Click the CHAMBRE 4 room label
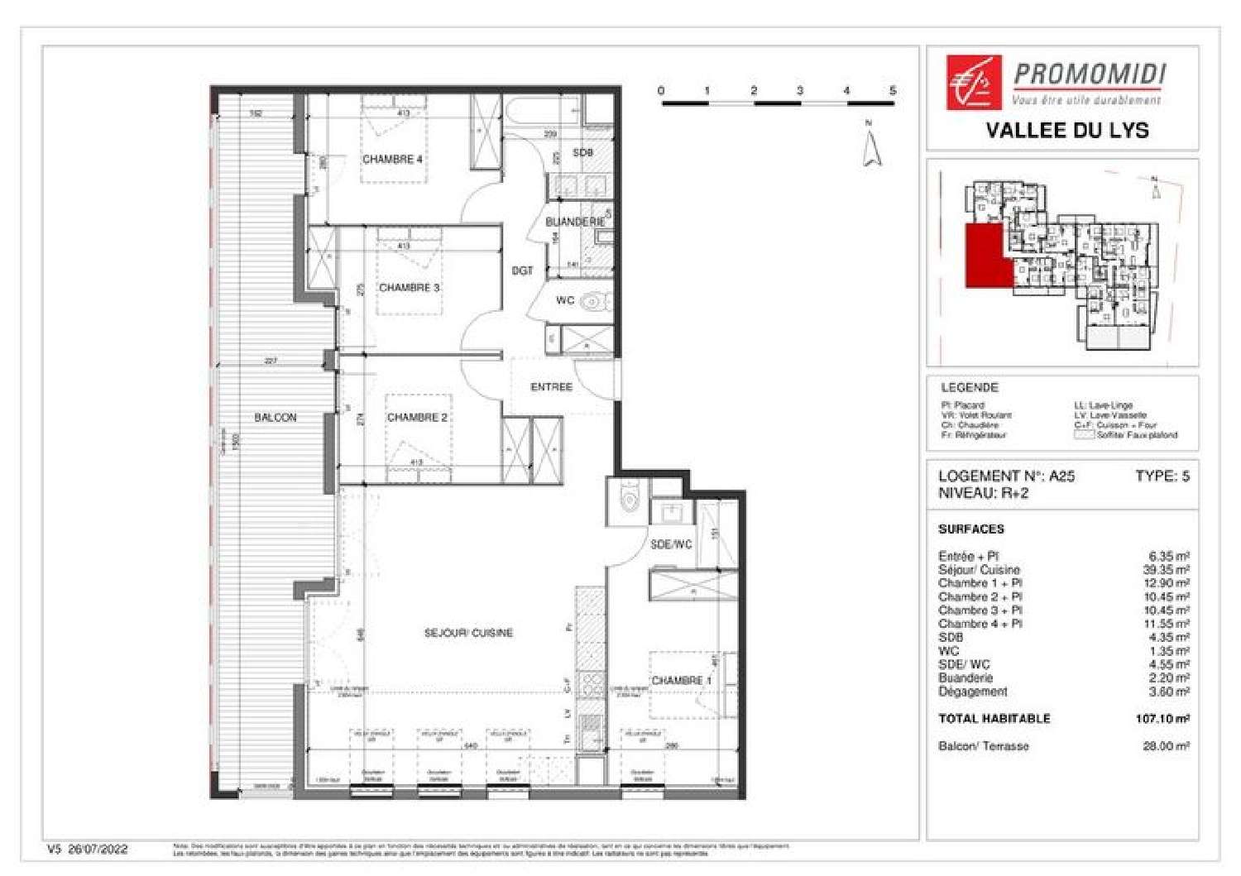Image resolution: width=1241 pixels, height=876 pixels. coord(392,159)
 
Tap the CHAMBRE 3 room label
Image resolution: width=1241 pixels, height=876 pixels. coord(409,288)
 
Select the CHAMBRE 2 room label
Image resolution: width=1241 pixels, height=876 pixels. coord(417,418)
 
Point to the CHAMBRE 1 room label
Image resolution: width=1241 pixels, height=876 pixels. coord(681,681)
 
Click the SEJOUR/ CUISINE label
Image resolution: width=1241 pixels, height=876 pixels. coord(468,633)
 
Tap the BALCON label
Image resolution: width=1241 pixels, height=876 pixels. coord(275,418)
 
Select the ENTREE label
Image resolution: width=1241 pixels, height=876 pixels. coord(551,387)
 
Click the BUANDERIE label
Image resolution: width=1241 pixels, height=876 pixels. coord(575,222)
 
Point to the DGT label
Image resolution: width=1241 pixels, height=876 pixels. coord(522,270)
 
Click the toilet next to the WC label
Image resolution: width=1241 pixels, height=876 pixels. coord(592,302)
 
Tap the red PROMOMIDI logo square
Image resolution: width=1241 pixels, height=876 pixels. coord(974,82)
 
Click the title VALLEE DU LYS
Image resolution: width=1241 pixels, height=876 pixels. coord(1067,130)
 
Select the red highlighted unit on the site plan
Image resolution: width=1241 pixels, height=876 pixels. coord(987,256)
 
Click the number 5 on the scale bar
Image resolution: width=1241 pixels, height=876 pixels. coord(893,90)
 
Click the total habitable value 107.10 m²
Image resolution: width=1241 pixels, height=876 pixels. coord(1162,719)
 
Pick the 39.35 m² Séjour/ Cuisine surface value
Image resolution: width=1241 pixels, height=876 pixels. coord(1166,570)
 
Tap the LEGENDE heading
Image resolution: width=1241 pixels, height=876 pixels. coord(970,387)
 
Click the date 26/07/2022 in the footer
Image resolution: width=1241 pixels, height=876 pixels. coord(98,849)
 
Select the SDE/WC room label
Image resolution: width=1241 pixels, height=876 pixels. coord(670,544)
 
